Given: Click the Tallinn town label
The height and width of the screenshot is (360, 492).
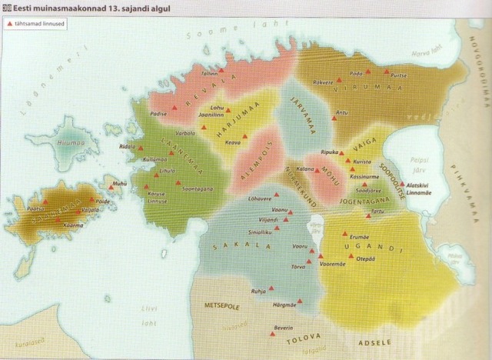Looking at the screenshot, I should coord(210,73).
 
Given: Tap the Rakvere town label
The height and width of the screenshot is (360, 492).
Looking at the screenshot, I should coord(322,81).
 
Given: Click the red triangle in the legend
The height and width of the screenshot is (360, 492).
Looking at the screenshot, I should coord(10,25).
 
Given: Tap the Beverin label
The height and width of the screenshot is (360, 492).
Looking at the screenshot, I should coord(284,329).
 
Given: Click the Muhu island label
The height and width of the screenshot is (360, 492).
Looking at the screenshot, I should coord(119,184).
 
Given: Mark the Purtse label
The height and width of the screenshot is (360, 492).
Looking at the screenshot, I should coord(399,76).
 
